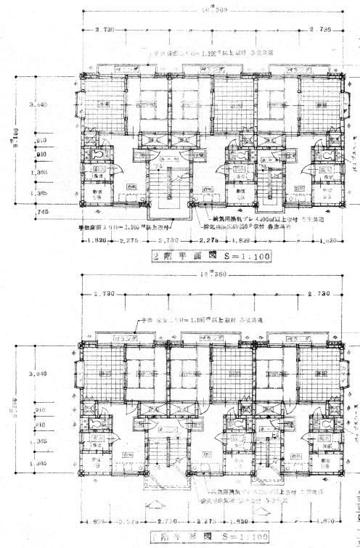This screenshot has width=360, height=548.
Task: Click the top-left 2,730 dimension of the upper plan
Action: tap(106, 30)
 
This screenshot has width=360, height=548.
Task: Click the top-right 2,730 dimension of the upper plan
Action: tap(319, 30)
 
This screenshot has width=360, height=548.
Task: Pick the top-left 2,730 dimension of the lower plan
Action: tap(106, 295)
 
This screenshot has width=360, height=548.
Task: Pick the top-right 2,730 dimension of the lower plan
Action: tap(319, 295)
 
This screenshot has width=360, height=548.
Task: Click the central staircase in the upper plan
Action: tap(168, 189)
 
